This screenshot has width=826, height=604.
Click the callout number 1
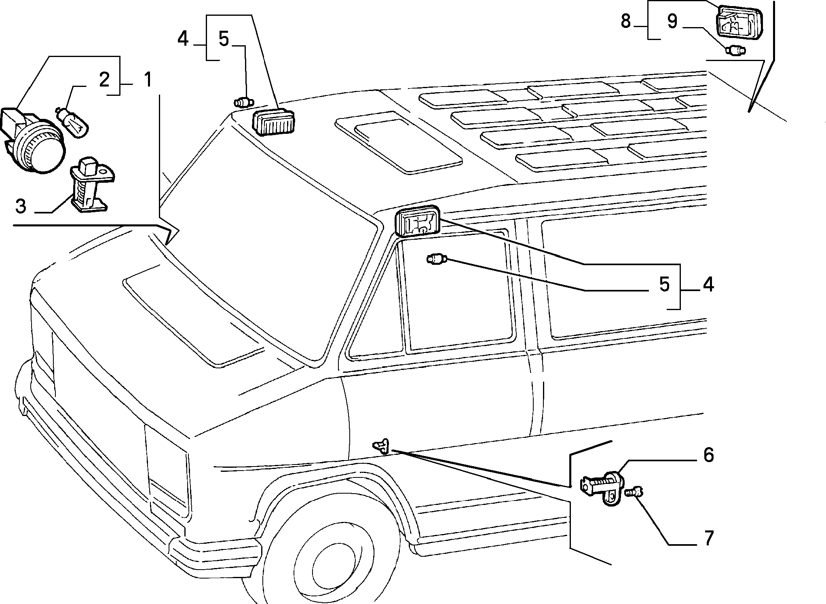point(148,80)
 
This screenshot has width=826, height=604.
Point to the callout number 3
point(21,206)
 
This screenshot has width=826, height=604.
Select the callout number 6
point(708,455)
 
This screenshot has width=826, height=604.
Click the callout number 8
point(625,21)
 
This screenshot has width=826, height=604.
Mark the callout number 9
point(672,21)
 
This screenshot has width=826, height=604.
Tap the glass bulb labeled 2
point(73,122)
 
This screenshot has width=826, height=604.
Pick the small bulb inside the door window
point(437,260)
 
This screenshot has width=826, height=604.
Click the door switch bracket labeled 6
point(602,486)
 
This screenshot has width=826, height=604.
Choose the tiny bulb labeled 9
point(735,51)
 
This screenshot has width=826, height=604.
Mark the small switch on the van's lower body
point(381,446)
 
